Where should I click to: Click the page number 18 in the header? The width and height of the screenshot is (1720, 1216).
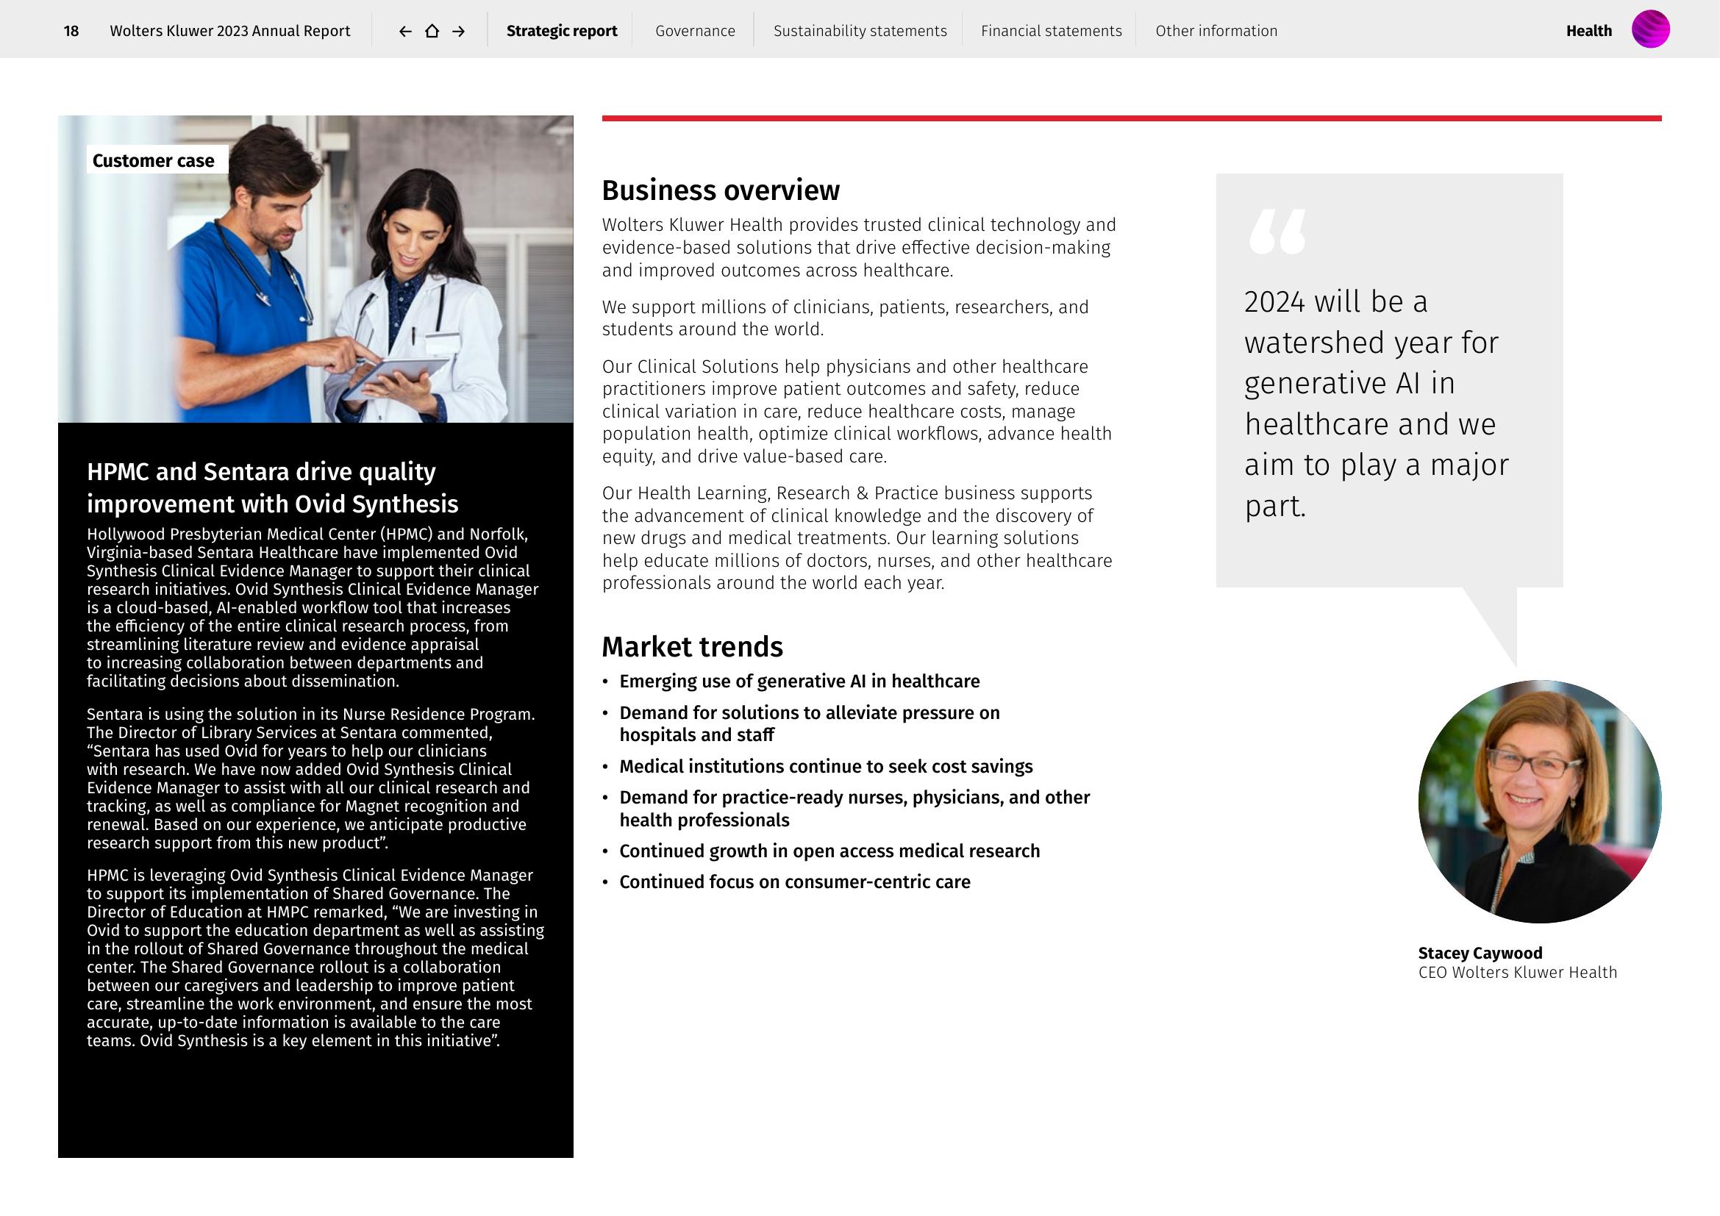click(71, 31)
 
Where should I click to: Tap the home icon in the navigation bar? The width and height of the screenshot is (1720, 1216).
click(432, 31)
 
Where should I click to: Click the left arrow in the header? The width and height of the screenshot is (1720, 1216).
click(405, 31)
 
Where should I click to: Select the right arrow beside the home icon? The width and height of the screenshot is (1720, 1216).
click(458, 31)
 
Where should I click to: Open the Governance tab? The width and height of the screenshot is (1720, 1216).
click(694, 31)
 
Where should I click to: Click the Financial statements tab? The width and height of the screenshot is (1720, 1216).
click(1051, 31)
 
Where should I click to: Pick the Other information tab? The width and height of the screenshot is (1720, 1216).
click(1216, 31)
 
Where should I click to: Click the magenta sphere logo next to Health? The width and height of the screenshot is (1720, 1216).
click(1650, 29)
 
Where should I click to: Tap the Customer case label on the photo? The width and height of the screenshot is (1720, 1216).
click(154, 160)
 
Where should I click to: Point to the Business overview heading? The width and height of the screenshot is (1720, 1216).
click(721, 190)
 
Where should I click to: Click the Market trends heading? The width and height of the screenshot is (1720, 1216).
click(692, 647)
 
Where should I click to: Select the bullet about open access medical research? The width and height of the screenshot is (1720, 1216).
click(829, 851)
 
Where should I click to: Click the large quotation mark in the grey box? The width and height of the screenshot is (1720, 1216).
click(1277, 232)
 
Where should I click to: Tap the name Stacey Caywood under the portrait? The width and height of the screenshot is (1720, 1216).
click(1480, 954)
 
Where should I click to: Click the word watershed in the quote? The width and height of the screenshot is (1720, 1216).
click(1330, 343)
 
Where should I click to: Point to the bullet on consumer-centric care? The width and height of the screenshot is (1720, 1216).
click(794, 882)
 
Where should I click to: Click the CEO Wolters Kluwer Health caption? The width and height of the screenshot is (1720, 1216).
click(1517, 973)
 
